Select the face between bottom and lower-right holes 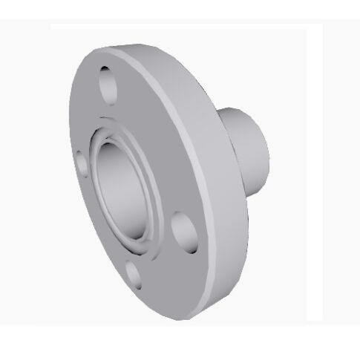pos(160,260)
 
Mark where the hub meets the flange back pos(220,145)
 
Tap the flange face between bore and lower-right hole pos(167,204)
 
